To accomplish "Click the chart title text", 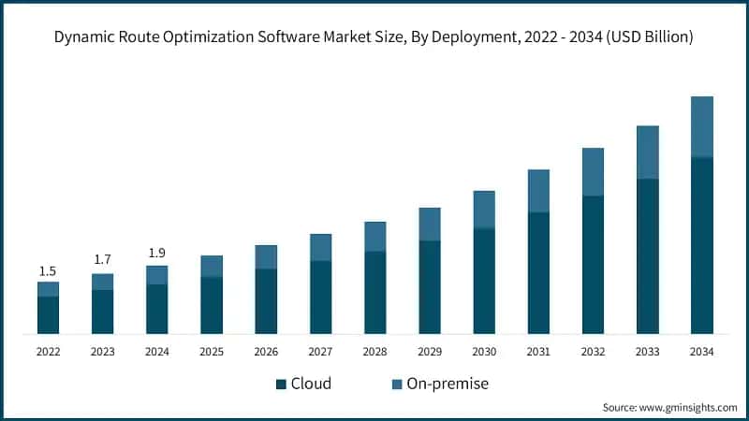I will pos(374,37).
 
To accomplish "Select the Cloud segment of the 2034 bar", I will pos(701,245).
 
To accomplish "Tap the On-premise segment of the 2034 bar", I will pos(701,126).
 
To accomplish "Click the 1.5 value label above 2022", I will pos(48,271).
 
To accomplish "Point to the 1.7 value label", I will pos(102,258).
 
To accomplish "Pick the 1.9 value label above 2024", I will pos(156,253).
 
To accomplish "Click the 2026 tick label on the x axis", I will pos(266,352).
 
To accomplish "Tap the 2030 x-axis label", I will pos(483,352).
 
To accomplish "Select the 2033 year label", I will pos(647,352).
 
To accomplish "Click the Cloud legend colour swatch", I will pos(280,385).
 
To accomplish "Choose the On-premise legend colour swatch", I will pos(395,385).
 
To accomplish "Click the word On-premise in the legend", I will pos(448,384).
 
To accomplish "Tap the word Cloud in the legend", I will pos(311,384).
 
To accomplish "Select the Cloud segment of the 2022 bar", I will pos(48,314).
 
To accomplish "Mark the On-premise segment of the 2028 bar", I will pos(374,237).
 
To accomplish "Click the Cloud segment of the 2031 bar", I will pos(538,272).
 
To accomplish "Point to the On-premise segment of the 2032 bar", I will pos(593,172).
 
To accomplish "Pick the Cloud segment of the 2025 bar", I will pos(212,305).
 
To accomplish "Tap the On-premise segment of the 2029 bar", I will pos(429,225).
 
